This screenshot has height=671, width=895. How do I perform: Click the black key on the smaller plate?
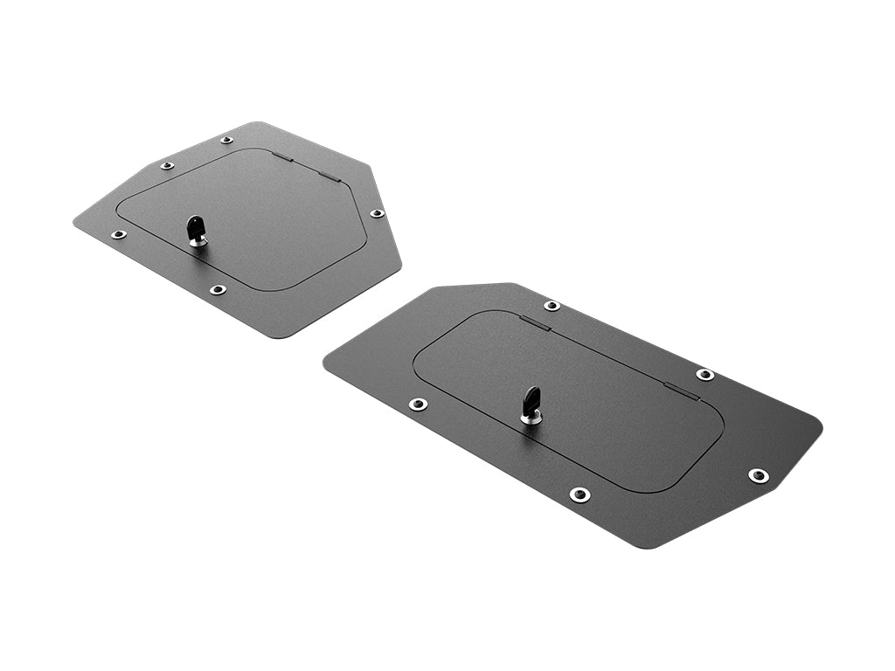pyautogui.click(x=194, y=229)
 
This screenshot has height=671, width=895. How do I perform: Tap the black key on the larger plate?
pyautogui.click(x=531, y=402)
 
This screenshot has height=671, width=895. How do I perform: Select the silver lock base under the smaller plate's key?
pyautogui.click(x=198, y=241)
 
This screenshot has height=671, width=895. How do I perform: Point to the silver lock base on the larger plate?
pyautogui.click(x=531, y=418)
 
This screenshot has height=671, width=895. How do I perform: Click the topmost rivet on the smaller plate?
pyautogui.click(x=226, y=140)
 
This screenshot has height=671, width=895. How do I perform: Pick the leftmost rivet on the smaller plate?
pyautogui.click(x=118, y=234)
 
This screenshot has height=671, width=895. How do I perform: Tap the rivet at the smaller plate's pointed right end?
pyautogui.click(x=377, y=213)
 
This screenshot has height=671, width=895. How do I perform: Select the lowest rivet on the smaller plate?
pyautogui.click(x=218, y=289)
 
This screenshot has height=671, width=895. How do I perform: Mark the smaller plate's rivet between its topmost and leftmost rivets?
pyautogui.click(x=167, y=165)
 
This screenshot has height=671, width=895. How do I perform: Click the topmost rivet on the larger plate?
pyautogui.click(x=552, y=306)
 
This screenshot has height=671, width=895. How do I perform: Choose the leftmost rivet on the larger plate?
pyautogui.click(x=419, y=404)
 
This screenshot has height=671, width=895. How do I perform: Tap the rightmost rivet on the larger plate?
pyautogui.click(x=758, y=475)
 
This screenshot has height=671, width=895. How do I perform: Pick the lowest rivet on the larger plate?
pyautogui.click(x=579, y=495)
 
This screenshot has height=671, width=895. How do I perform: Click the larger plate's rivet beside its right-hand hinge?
pyautogui.click(x=704, y=375)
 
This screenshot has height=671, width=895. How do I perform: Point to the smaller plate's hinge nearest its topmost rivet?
pyautogui.click(x=281, y=158)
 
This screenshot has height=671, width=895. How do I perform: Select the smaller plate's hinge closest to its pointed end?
pyautogui.click(x=328, y=175)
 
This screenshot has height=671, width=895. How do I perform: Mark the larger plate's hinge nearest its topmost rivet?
pyautogui.click(x=535, y=323)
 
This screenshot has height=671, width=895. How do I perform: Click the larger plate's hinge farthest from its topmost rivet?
pyautogui.click(x=682, y=391)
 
